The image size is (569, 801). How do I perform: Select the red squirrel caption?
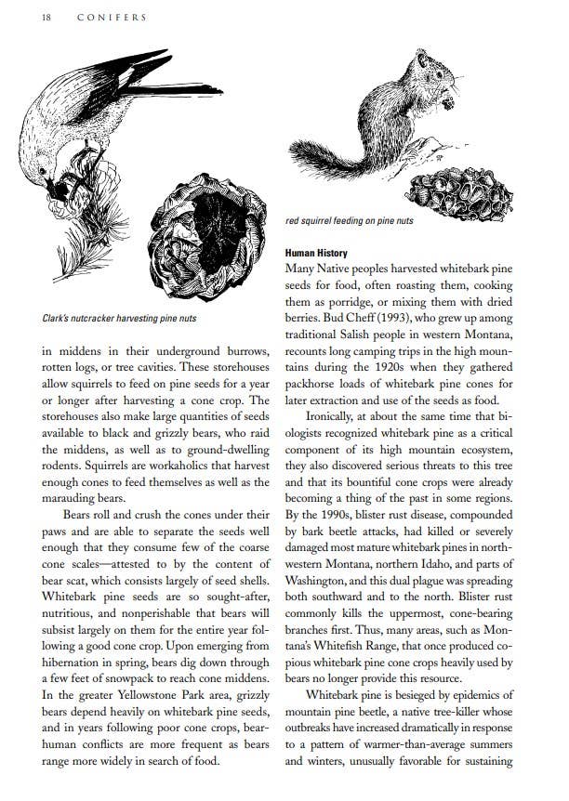pyautogui.click(x=350, y=221)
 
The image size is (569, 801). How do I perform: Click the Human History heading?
pyautogui.click(x=316, y=253)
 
